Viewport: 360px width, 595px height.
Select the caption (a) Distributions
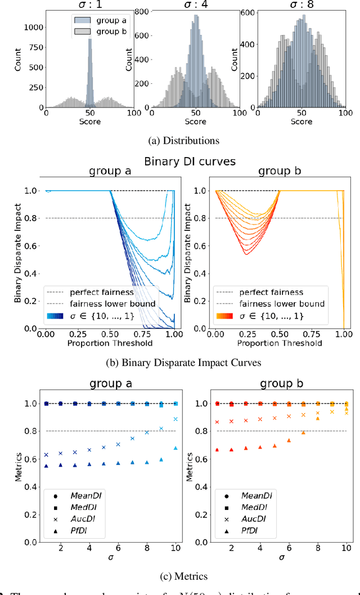coord(179,140)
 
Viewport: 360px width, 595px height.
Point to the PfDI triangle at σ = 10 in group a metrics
coord(176,448)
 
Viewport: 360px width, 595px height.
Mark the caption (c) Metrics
coord(179,575)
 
